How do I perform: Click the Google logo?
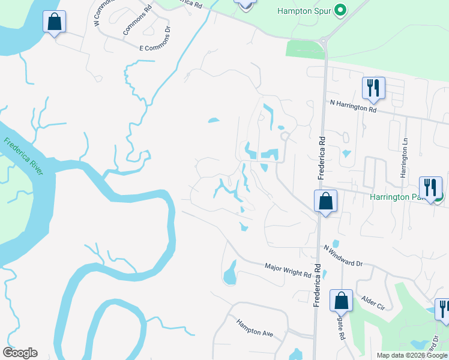20,353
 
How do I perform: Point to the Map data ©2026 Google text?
411,355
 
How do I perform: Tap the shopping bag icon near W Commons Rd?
54,22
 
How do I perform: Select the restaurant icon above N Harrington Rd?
373,88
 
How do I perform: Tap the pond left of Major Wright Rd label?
230,275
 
